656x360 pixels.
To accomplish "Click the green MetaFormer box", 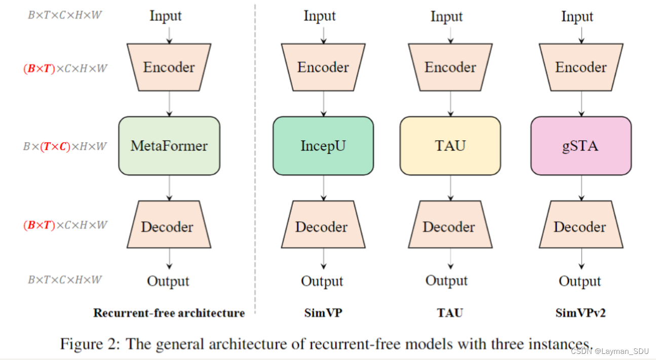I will click(x=169, y=146).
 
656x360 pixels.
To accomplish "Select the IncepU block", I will click(x=323, y=146).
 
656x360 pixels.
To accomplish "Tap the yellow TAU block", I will click(x=450, y=146).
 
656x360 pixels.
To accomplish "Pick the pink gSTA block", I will click(x=581, y=146).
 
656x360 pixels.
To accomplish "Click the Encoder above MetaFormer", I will click(x=169, y=67).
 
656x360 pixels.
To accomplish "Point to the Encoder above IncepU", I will click(x=323, y=67).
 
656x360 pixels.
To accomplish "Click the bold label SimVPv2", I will click(x=581, y=313).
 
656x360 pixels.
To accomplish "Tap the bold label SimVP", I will click(x=323, y=313).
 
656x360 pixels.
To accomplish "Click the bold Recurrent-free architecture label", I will click(x=169, y=313).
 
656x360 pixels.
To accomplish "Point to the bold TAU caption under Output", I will click(x=450, y=313).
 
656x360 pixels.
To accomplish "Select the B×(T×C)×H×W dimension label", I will click(x=65, y=147).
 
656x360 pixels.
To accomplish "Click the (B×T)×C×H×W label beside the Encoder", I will click(x=65, y=69).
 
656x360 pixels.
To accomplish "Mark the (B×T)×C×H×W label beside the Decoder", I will click(x=65, y=225).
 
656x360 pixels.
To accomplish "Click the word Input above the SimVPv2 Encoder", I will click(x=577, y=17).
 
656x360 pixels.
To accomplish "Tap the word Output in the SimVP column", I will click(x=322, y=281).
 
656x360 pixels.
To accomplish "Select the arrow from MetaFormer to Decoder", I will click(x=170, y=187).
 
